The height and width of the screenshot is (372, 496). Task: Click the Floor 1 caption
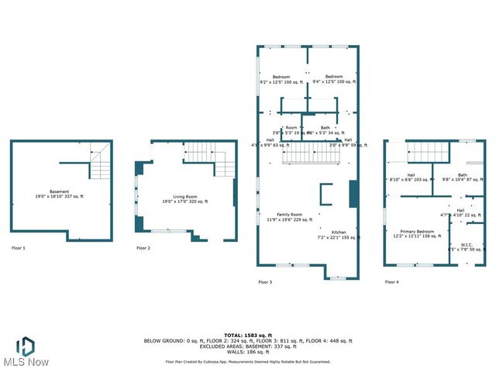click(19, 248)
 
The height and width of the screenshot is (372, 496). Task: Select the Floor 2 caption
click(143, 248)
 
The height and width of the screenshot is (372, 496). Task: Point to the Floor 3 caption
click(265, 282)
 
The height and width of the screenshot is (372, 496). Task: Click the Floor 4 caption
click(392, 282)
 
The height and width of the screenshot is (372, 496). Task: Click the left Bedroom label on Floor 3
click(281, 79)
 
